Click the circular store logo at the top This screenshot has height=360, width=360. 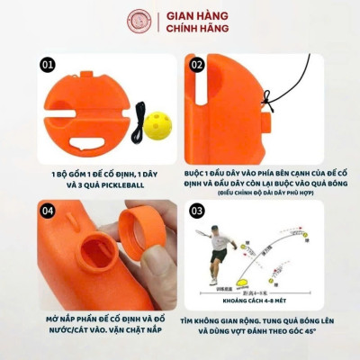click(140, 22)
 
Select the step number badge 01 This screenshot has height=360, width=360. click(48, 65)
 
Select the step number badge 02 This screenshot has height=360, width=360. click(196, 65)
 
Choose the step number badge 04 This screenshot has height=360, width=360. click(48, 211)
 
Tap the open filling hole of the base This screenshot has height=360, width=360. click(85, 269)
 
